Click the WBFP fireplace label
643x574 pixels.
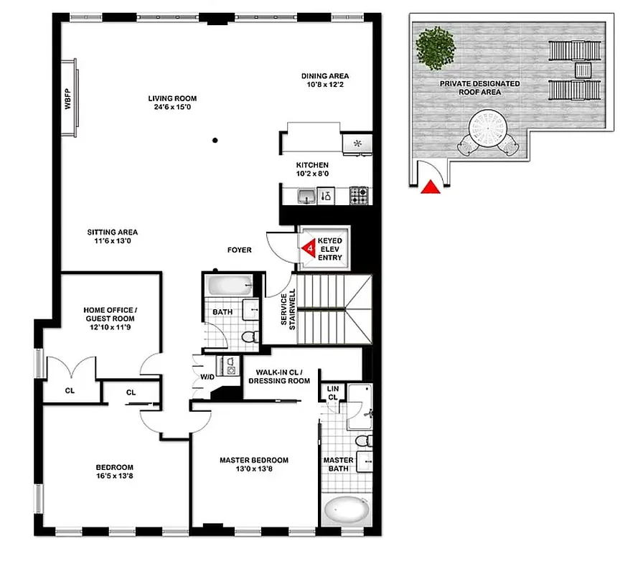(68, 98)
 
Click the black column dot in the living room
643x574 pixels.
(215, 141)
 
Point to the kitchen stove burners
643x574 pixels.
(359, 194)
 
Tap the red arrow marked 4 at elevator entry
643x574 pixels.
(309, 249)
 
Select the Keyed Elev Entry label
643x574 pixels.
(330, 250)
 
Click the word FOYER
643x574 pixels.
(240, 250)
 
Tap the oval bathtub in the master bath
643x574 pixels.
(346, 513)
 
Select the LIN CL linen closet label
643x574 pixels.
(332, 392)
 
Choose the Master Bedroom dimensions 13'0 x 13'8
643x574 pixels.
(254, 470)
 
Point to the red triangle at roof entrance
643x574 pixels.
(429, 187)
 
